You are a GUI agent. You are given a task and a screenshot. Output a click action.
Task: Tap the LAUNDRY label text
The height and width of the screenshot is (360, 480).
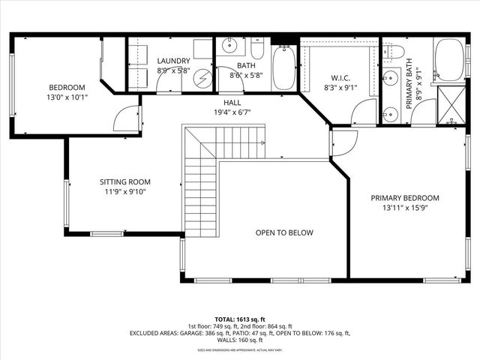(173, 61)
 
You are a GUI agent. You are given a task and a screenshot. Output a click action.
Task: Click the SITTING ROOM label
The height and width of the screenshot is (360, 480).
(125, 181)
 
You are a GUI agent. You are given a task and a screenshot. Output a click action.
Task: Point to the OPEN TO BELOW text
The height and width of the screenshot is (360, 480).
(284, 232)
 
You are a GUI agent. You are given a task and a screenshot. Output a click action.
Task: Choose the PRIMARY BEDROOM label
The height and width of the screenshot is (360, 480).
(405, 198)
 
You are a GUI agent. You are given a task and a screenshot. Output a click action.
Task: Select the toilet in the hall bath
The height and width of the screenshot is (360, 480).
(257, 50)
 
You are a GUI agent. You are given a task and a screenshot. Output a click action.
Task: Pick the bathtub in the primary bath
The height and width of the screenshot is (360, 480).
(448, 59)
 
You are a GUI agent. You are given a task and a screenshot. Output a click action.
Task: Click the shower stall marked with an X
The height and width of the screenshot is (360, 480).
(449, 103)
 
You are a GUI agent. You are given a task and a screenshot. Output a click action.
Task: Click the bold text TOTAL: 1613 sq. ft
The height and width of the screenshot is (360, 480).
(239, 318)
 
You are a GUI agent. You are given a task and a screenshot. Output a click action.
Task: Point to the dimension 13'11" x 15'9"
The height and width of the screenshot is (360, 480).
(405, 208)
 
